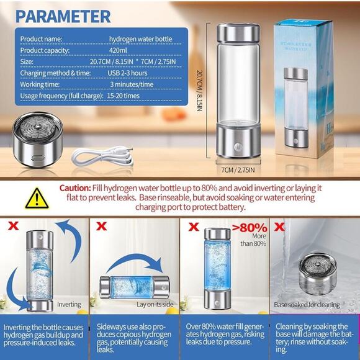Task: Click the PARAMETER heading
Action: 63,16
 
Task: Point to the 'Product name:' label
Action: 41,38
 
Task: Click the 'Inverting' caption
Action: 69,305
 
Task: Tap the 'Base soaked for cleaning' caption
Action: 307,305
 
